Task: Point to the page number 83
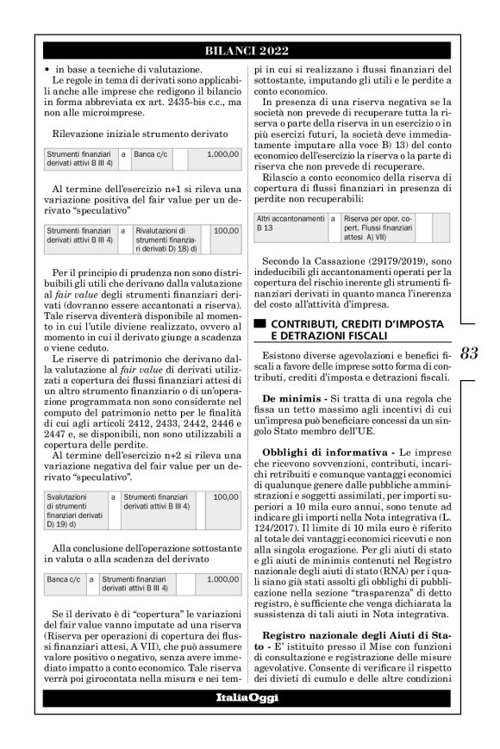tap(470, 353)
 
